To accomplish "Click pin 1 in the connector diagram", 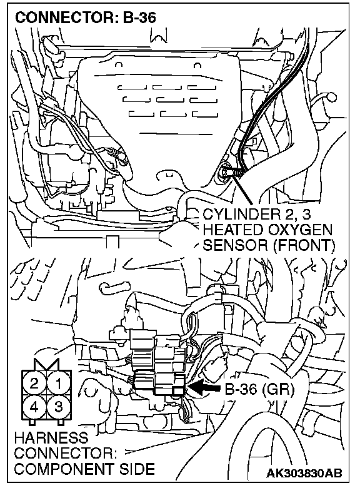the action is [x=59, y=384].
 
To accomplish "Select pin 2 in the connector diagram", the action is [x=34, y=384].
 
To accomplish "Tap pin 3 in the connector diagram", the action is [x=59, y=407].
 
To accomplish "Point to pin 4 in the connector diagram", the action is [x=34, y=407].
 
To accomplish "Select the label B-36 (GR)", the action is [x=259, y=389].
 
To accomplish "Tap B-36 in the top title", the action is [x=139, y=18].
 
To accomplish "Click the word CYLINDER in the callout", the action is [x=242, y=215].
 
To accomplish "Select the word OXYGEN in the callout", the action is [x=299, y=230].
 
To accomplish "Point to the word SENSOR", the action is [x=236, y=245].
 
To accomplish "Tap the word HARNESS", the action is [x=51, y=438].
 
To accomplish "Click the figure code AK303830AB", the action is [x=304, y=473].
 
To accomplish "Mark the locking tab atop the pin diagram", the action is [x=47, y=364].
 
